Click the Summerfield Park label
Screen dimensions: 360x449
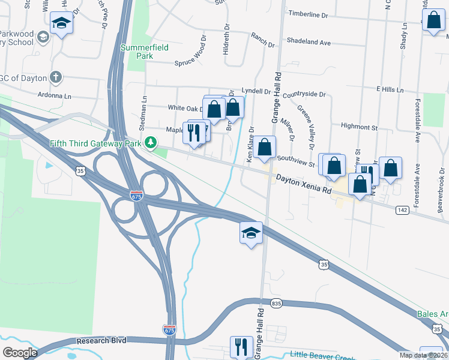pyautogui.click(x=144, y=52)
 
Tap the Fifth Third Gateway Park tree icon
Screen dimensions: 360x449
pyautogui.click(x=152, y=143)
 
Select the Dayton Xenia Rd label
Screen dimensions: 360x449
pyautogui.click(x=304, y=184)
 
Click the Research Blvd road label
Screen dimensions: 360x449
pyautogui.click(x=101, y=340)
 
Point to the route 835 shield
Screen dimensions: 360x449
pyautogui.click(x=276, y=303)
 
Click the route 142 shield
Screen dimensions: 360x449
pyautogui.click(x=402, y=210)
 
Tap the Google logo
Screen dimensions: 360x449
pyautogui.click(x=20, y=353)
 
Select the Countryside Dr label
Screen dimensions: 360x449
pyautogui.click(x=304, y=95)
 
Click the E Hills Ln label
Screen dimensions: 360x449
pyautogui.click(x=390, y=89)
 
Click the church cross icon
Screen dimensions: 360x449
pyautogui.click(x=55, y=77)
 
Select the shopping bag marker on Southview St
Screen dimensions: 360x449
pyautogui.click(x=264, y=147)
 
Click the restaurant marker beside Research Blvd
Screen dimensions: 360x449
pyautogui.click(x=241, y=346)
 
